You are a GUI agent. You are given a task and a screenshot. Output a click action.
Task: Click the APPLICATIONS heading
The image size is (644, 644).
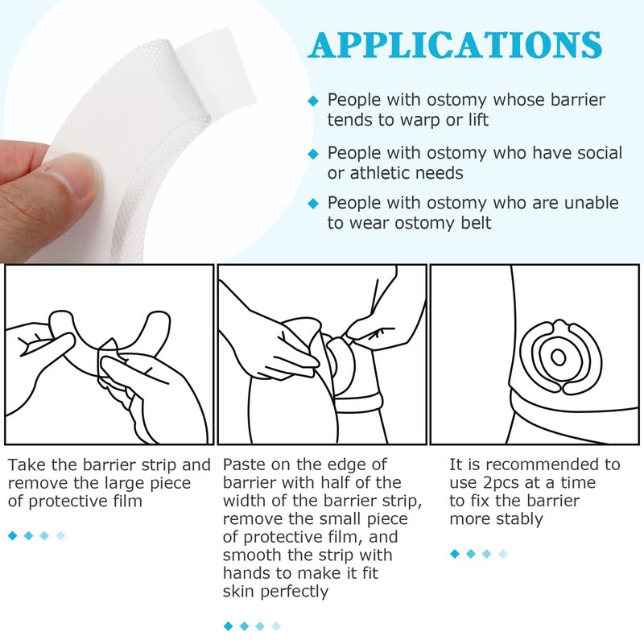pyautogui.click(x=455, y=45)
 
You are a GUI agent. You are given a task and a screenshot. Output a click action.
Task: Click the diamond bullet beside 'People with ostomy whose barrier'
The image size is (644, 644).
pyautogui.click(x=313, y=101)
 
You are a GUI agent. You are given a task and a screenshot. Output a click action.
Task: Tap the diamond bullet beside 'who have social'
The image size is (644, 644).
pyautogui.click(x=313, y=154)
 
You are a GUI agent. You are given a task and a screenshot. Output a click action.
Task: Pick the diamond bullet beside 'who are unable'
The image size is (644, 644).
pyautogui.click(x=313, y=204)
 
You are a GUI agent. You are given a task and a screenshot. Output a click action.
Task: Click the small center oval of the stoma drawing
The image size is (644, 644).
pyautogui.click(x=558, y=357)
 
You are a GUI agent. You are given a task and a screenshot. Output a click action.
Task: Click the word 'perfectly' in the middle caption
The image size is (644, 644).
pyautogui.click(x=294, y=592)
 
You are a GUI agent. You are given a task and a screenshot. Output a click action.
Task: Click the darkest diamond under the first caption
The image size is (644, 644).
pyautogui.click(x=13, y=535)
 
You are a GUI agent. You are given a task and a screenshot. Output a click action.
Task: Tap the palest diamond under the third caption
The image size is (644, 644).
pyautogui.click(x=502, y=554)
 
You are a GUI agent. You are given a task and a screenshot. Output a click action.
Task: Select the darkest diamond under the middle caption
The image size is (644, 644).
pyautogui.click(x=228, y=626)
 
